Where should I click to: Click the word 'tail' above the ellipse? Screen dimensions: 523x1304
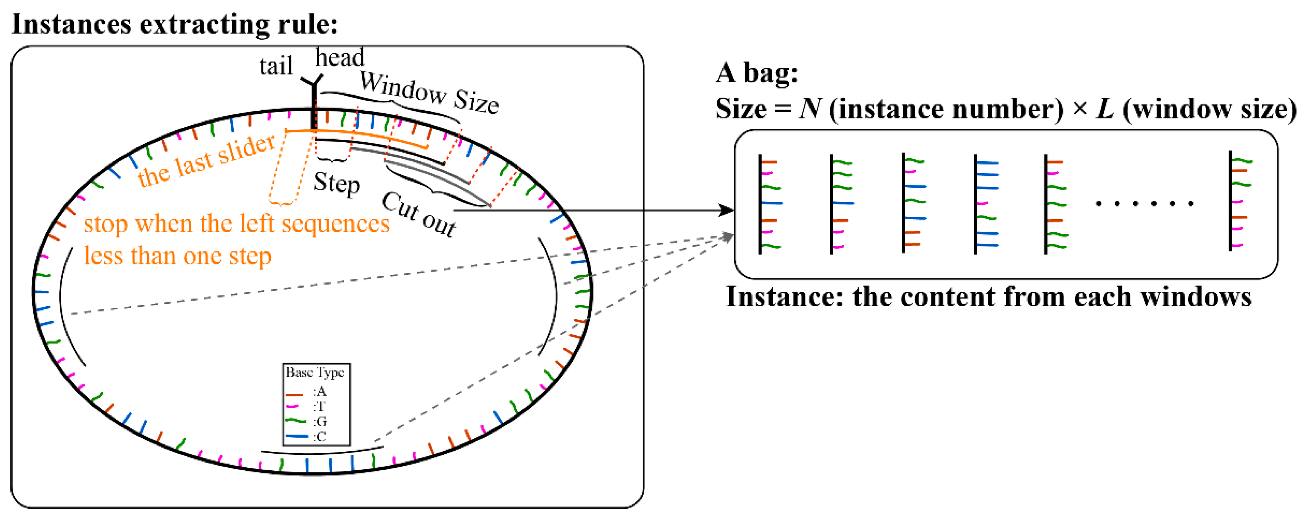point(276,66)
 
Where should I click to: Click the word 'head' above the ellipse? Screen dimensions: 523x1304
point(340,57)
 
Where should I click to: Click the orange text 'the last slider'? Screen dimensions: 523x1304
point(207,160)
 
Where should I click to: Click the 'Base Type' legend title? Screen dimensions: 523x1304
point(315,373)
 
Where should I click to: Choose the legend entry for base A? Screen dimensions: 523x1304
point(306,392)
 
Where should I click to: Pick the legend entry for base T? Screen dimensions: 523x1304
point(306,406)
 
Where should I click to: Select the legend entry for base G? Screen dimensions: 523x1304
point(306,421)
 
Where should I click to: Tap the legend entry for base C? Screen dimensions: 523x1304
point(306,436)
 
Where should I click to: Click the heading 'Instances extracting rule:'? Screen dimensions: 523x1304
point(175,24)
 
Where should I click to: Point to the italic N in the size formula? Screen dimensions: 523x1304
point(809,109)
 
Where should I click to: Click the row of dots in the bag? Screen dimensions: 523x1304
point(1144,204)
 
